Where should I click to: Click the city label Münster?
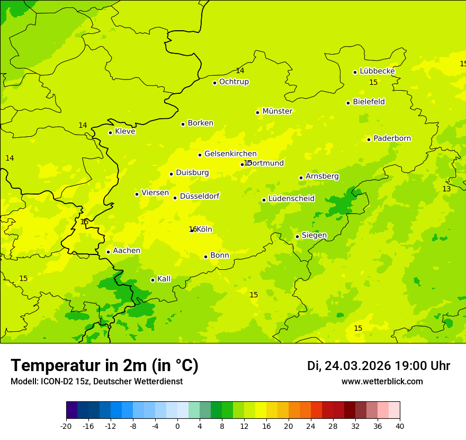(x=277, y=111)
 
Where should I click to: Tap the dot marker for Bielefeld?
(x=348, y=103)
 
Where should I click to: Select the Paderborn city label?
(x=392, y=138)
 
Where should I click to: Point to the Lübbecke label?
(x=377, y=71)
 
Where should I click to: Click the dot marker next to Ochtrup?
(x=214, y=83)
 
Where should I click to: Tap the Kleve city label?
(x=125, y=131)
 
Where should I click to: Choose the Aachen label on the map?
(x=127, y=251)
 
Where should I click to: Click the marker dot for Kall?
(x=153, y=280)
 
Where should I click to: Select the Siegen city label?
(x=314, y=235)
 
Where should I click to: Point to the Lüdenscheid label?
(x=291, y=199)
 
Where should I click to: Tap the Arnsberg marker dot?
(x=301, y=178)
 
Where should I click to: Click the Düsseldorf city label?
(x=199, y=196)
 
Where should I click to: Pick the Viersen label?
(x=155, y=193)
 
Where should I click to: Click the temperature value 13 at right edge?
(x=446, y=189)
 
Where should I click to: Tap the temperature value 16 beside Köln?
(x=192, y=229)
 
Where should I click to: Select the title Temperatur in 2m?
(x=104, y=366)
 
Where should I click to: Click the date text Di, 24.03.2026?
(x=348, y=366)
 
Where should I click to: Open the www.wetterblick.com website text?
(x=382, y=382)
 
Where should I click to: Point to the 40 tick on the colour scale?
(x=400, y=426)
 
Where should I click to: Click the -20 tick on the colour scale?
(x=66, y=426)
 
